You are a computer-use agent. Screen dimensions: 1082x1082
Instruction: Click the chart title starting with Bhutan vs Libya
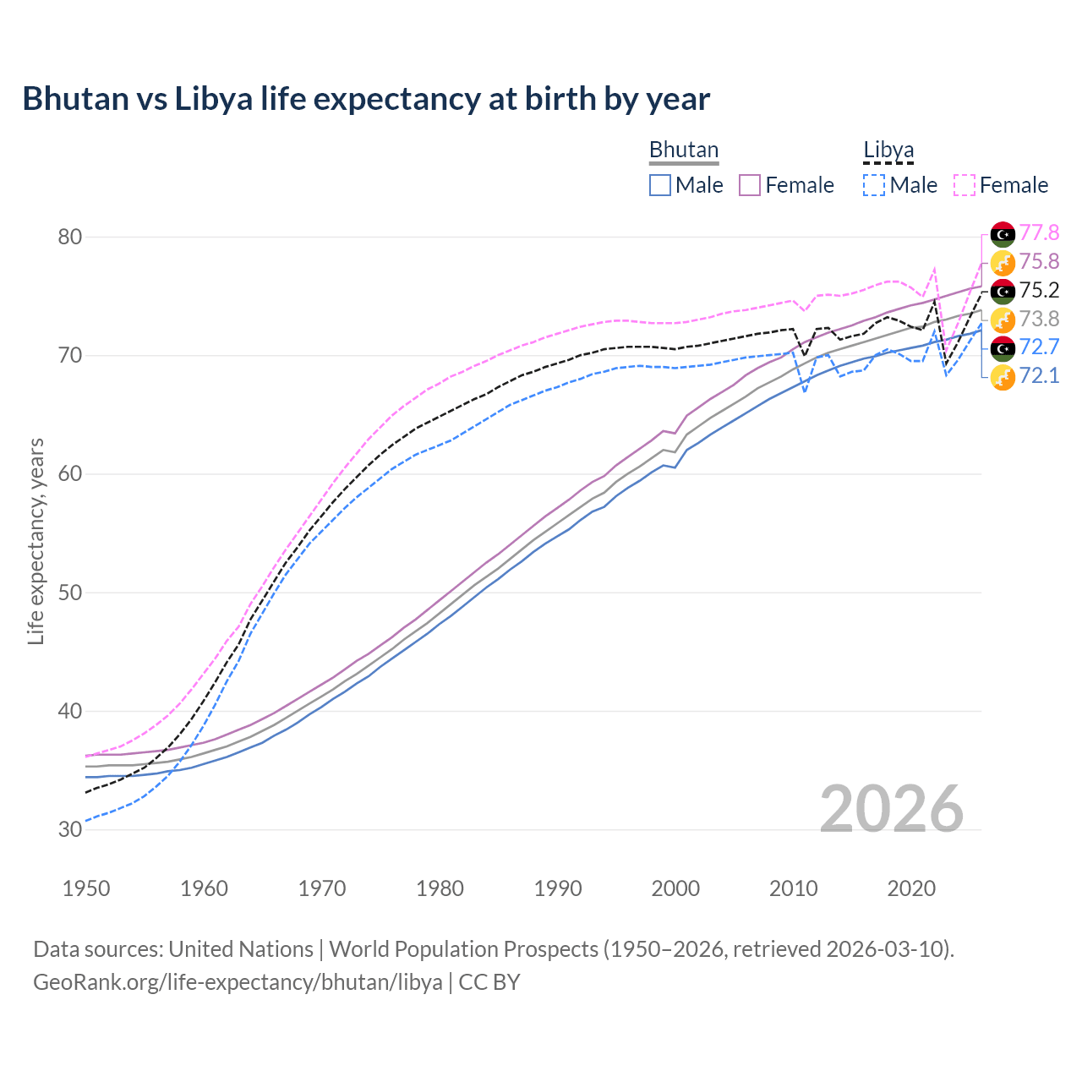[366, 99]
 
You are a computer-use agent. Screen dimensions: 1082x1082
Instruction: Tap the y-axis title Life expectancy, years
[36, 541]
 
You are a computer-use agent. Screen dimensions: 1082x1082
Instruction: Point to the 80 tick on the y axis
[69, 237]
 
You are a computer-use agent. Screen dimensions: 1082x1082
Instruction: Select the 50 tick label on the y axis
[69, 593]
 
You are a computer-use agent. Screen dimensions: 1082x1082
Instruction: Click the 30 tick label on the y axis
[69, 829]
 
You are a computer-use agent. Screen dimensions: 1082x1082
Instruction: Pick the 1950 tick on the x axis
[86, 888]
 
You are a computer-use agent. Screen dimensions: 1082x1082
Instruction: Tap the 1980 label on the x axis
[440, 888]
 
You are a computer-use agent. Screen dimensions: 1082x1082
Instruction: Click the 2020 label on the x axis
[911, 888]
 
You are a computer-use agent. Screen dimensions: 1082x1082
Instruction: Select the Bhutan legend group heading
[684, 150]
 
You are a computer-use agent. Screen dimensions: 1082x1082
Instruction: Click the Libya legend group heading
[888, 150]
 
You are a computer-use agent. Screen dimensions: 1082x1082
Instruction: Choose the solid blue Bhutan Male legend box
[660, 185]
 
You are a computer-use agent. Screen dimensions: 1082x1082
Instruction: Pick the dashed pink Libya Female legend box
[965, 185]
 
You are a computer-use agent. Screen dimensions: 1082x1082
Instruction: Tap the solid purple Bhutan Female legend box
[750, 185]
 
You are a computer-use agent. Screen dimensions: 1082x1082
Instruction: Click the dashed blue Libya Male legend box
[874, 185]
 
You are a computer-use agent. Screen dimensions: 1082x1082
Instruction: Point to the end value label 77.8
[1039, 233]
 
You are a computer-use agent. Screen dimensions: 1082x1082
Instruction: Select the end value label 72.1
[1039, 375]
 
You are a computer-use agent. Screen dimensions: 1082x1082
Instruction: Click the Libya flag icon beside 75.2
[1003, 291]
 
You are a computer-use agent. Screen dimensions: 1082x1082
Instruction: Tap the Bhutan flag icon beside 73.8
[1003, 320]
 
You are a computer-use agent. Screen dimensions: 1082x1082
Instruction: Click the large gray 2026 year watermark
[892, 809]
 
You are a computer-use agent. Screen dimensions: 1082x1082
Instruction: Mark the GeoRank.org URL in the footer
[238, 982]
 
